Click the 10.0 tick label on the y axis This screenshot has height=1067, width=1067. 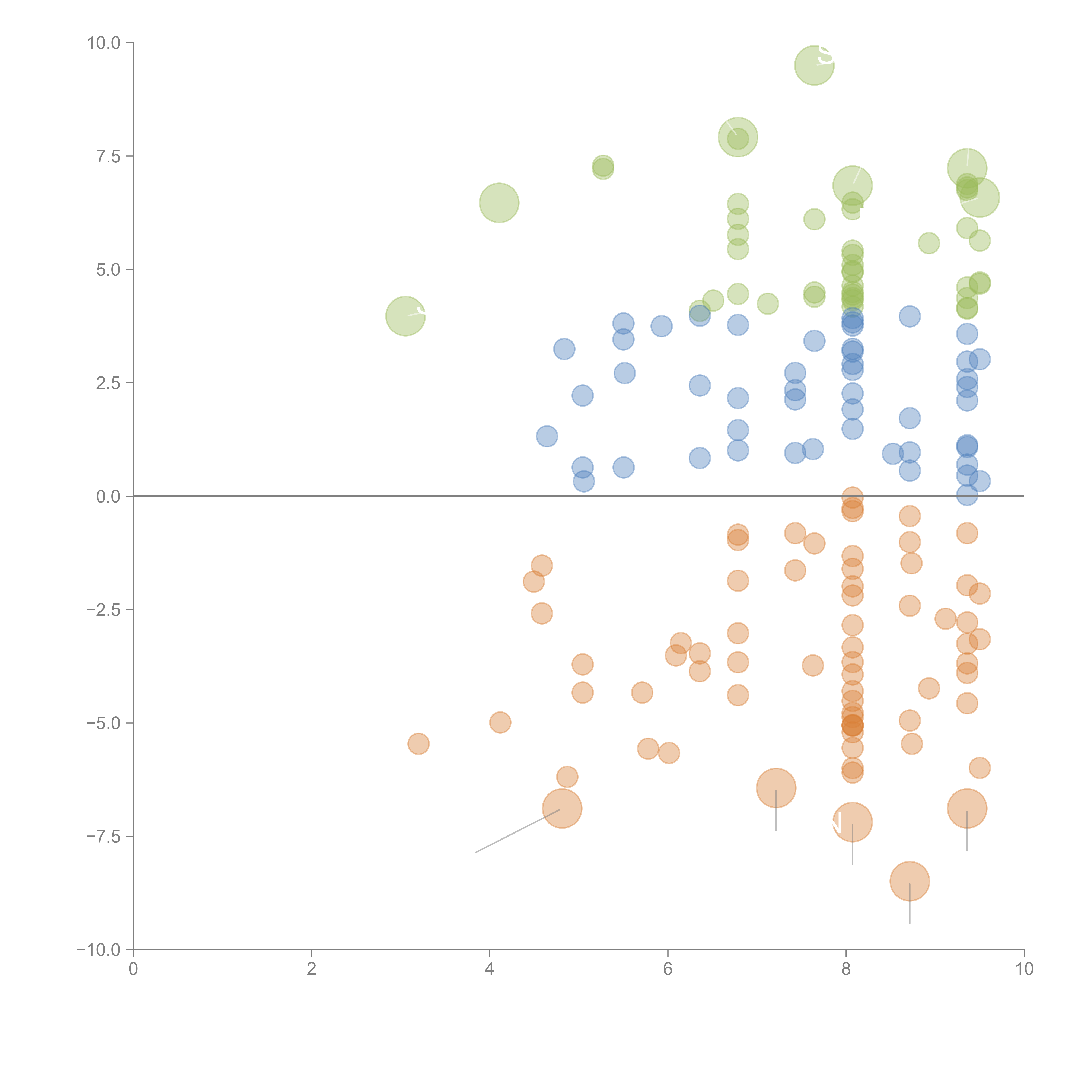pyautogui.click(x=104, y=43)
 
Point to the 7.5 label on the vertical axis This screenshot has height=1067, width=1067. pyautogui.click(x=108, y=156)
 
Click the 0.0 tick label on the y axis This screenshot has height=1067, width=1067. pyautogui.click(x=108, y=497)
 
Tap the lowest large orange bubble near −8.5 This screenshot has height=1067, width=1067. pyautogui.click(x=910, y=881)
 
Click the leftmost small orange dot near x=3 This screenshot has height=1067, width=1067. pyautogui.click(x=419, y=744)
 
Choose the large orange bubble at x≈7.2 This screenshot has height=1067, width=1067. pyautogui.click(x=776, y=788)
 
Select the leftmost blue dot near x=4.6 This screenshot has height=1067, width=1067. pyautogui.click(x=547, y=436)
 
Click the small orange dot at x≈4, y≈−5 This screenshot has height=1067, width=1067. pyautogui.click(x=500, y=722)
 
